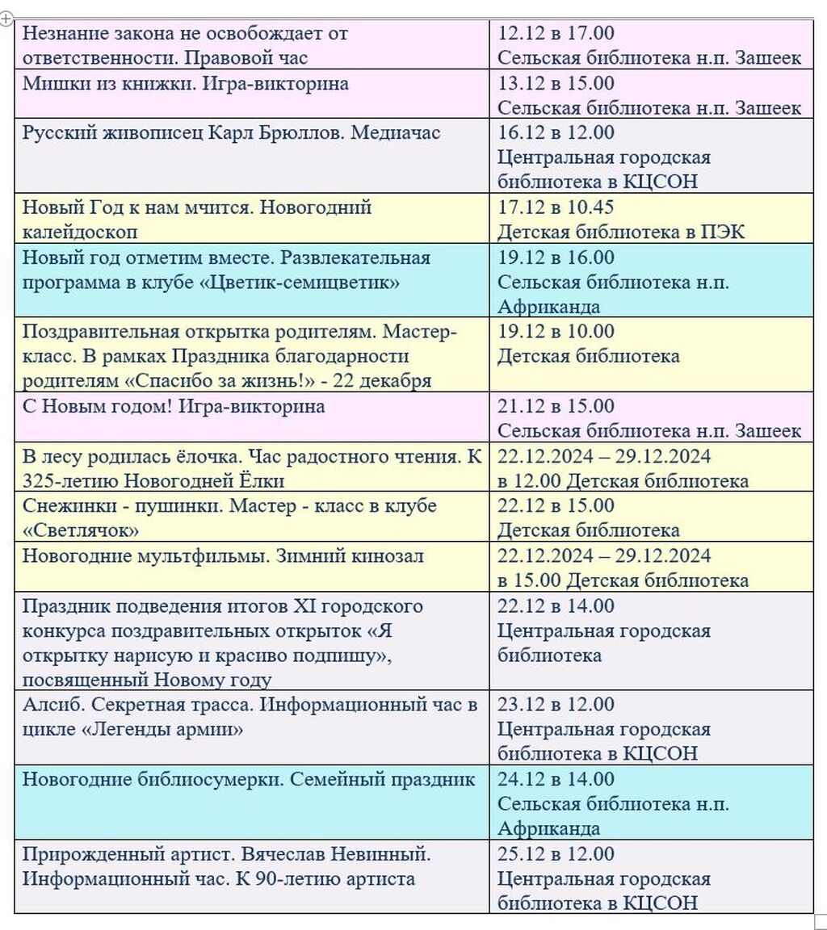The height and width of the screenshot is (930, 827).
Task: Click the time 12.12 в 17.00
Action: [556, 33]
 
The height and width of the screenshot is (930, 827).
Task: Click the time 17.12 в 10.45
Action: [556, 207]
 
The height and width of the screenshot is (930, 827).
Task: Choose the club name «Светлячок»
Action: [81, 530]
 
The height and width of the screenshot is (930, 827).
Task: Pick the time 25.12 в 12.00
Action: [556, 854]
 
